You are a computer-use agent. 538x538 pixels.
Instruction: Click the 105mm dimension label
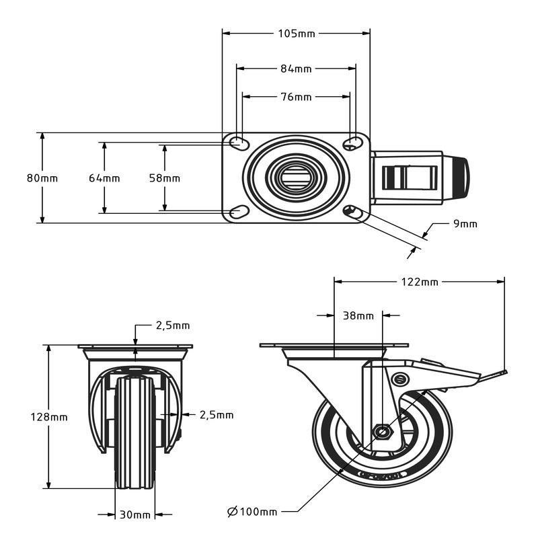[x=296, y=34]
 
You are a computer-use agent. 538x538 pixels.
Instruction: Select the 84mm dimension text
[x=296, y=69]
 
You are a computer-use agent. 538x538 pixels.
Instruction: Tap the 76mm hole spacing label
[x=296, y=97]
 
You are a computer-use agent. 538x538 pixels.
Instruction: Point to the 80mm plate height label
[x=42, y=178]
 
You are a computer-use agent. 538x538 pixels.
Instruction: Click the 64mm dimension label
[x=104, y=178]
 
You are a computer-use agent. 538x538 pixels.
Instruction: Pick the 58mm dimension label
[x=165, y=178]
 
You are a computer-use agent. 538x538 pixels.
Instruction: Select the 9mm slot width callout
[x=465, y=224]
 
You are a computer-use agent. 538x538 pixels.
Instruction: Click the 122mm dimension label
[x=420, y=282]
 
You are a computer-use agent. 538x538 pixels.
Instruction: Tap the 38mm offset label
[x=358, y=315]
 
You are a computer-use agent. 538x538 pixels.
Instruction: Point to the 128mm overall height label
[x=49, y=417]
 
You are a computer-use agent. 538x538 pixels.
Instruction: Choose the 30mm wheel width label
[x=135, y=515]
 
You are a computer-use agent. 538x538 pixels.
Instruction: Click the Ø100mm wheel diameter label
[x=252, y=512]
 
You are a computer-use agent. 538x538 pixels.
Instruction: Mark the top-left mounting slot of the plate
[x=239, y=143]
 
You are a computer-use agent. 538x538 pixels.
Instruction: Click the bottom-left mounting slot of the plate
[x=239, y=212]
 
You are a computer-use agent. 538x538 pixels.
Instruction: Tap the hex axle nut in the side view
[x=382, y=432]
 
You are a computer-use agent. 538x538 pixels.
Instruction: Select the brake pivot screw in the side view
[x=400, y=379]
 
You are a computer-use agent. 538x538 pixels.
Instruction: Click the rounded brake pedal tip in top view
[x=461, y=178]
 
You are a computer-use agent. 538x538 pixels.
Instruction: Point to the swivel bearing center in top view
[x=295, y=178]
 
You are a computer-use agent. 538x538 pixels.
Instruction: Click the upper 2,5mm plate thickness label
[x=173, y=325]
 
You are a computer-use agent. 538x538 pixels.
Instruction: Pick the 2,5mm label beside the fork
[x=217, y=415]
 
